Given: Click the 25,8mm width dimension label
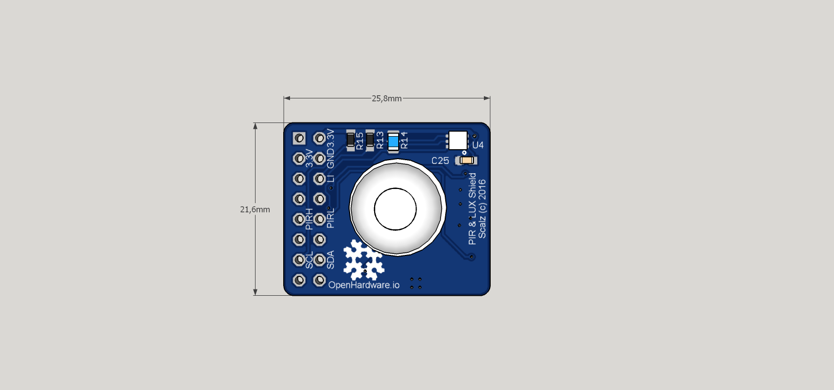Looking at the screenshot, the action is (387, 98).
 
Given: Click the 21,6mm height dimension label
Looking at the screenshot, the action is (255, 209).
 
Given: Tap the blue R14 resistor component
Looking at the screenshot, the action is (393, 141).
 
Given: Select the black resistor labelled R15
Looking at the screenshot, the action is (351, 140).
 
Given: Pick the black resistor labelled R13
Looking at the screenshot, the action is (370, 140).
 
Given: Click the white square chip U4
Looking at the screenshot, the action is (458, 140).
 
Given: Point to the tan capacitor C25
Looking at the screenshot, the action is (467, 160).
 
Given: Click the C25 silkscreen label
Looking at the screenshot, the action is (440, 161).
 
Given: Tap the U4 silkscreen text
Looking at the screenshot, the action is (478, 145).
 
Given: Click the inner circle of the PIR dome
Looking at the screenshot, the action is (395, 209).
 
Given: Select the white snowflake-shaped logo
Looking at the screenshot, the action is (363, 260).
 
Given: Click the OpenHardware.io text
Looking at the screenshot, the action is (364, 285).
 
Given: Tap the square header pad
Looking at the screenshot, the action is (299, 138).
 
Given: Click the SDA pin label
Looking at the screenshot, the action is (330, 260).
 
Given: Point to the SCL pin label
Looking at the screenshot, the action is (309, 260).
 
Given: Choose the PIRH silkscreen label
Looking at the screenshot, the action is (309, 219).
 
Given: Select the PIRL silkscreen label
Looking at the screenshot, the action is (330, 218).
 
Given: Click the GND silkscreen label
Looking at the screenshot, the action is (330, 159).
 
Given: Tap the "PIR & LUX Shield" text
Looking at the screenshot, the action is (472, 208).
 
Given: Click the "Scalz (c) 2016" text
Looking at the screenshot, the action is (482, 208).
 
